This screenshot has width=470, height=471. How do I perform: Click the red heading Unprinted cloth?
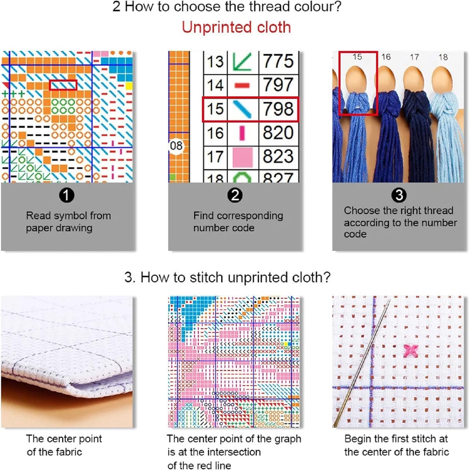(236, 27)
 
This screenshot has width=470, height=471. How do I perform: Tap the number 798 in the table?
(278, 109)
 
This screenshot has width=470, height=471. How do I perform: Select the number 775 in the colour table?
(278, 61)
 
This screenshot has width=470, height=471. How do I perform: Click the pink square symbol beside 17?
(243, 157)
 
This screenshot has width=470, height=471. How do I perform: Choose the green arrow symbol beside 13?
(242, 62)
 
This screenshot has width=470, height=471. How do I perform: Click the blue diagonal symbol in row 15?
(242, 109)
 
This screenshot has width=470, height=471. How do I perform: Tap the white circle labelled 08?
(176, 146)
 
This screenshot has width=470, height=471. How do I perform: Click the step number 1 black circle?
(67, 195)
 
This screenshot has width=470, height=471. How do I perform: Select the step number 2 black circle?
(235, 195)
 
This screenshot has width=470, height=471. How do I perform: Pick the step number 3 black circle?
(399, 195)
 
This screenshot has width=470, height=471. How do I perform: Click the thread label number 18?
(443, 58)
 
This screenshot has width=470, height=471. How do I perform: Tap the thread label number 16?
(386, 57)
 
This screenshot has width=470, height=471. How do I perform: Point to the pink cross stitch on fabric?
(410, 351)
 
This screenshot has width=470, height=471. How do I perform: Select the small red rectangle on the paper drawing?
(63, 85)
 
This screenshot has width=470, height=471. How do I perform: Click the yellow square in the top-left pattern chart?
(129, 86)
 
